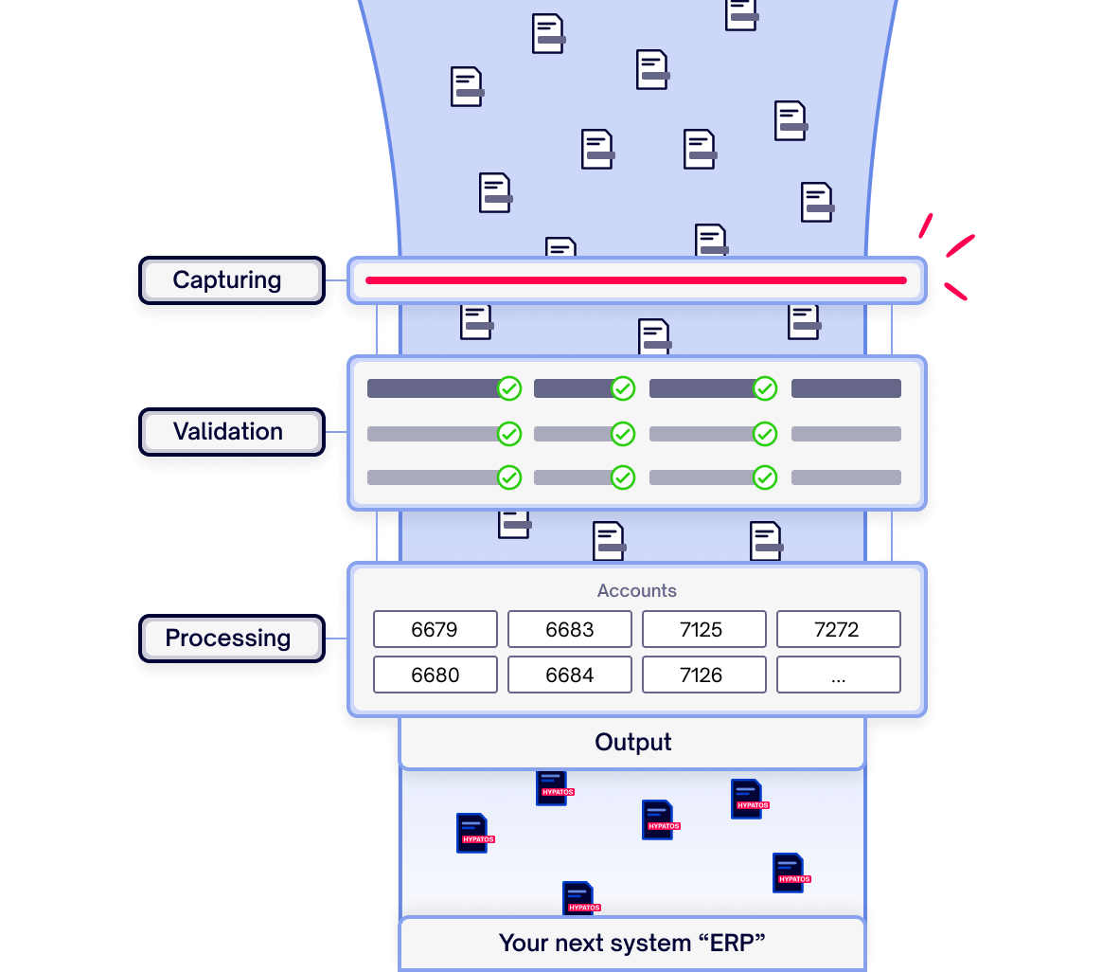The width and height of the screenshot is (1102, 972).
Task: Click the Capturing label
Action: pyautogui.click(x=227, y=280)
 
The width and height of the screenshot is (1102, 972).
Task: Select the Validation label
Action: pyautogui.click(x=228, y=432)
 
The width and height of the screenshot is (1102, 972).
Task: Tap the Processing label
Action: pyautogui.click(x=228, y=639)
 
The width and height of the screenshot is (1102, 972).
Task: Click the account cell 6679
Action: pyautogui.click(x=435, y=629)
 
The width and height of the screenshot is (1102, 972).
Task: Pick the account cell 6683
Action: pyautogui.click(x=570, y=629)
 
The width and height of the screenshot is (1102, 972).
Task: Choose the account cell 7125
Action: pyautogui.click(x=704, y=629)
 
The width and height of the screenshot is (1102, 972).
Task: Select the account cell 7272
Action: pyautogui.click(x=838, y=629)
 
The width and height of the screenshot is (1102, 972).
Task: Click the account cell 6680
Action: pyautogui.click(x=435, y=675)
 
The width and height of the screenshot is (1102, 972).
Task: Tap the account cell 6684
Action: pyautogui.click(x=570, y=675)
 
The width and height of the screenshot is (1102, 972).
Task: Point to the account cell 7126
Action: pyautogui.click(x=704, y=675)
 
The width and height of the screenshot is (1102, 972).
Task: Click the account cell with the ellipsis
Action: pyautogui.click(x=838, y=675)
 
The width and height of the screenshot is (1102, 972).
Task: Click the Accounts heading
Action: pyautogui.click(x=636, y=591)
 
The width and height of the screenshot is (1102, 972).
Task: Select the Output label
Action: pyautogui.click(x=632, y=743)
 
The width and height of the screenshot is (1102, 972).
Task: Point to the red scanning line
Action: pyautogui.click(x=636, y=280)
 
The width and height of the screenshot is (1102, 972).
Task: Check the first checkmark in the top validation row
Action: pyautogui.click(x=509, y=388)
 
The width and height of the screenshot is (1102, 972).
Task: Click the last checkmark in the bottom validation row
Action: pyautogui.click(x=765, y=477)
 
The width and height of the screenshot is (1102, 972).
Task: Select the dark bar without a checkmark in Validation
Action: pyautogui.click(x=845, y=388)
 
